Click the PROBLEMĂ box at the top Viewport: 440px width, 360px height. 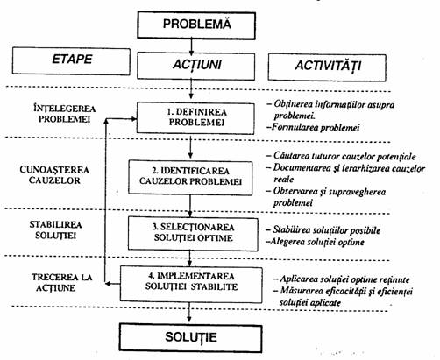pos(196,25)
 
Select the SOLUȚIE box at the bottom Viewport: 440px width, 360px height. pos(190,337)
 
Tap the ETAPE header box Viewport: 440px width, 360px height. pos(71,61)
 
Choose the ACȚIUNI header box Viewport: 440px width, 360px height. pos(195,66)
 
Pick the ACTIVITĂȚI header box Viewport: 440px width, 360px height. pos(327,67)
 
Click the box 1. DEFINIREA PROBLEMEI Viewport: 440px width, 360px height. pos(195,118)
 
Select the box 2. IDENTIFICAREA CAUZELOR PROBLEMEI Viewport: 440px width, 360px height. pos(190,178)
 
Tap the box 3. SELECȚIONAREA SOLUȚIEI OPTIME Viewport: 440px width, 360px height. pos(193,234)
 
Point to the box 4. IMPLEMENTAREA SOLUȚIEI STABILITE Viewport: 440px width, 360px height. pos(191,284)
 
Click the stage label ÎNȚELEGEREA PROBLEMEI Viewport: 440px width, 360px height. pos(65,114)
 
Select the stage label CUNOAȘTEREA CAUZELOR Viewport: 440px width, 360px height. pos(54,175)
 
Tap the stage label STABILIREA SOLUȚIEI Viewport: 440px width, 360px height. pos(55,229)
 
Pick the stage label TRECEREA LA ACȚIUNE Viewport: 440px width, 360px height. pos(61,282)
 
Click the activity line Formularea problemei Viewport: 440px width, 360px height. pos(313,127)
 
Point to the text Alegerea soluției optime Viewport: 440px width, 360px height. pos(315,242)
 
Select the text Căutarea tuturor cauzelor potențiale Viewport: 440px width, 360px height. pos(341,156)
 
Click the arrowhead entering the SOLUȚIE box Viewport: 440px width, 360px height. pos(189,319)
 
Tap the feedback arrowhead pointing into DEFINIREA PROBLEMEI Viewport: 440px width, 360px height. pos(133,119)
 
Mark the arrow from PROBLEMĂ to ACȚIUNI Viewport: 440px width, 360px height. pos(191,46)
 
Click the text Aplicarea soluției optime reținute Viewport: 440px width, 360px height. pos(341,279)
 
